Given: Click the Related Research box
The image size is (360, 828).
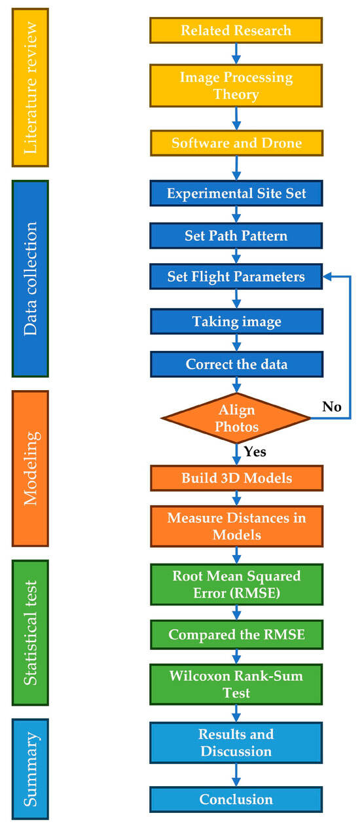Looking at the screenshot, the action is (x=236, y=30).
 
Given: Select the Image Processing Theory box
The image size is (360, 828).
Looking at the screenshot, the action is (x=236, y=86).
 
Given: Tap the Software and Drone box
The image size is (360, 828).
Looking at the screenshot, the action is (x=236, y=143).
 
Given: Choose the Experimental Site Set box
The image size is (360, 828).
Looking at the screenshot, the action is (x=236, y=193).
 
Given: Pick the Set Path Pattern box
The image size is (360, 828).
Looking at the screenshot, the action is (x=236, y=236).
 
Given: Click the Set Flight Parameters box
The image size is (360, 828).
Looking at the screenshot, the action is (x=236, y=276).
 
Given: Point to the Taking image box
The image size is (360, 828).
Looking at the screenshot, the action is (x=236, y=321).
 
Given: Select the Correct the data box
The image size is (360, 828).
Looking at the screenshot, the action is (x=236, y=364).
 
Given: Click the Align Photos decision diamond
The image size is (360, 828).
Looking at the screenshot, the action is (x=236, y=418).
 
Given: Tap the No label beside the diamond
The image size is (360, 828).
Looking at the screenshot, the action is (x=332, y=406).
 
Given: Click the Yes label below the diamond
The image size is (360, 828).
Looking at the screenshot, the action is (x=255, y=452).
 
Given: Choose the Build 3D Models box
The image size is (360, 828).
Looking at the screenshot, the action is (x=236, y=478).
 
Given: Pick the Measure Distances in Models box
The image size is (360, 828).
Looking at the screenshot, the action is (x=236, y=526).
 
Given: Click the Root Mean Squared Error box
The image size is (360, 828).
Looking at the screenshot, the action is (x=236, y=585).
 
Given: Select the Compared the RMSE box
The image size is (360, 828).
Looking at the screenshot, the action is (x=236, y=635).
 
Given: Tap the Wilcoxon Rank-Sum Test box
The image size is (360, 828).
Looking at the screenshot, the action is (x=236, y=684).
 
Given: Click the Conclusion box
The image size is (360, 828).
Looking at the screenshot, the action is (x=236, y=799).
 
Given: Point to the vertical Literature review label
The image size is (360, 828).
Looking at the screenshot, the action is (x=30, y=88).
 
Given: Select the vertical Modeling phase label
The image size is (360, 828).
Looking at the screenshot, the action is (x=30, y=469).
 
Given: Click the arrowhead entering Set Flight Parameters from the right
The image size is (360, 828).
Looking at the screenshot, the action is (x=327, y=276).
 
